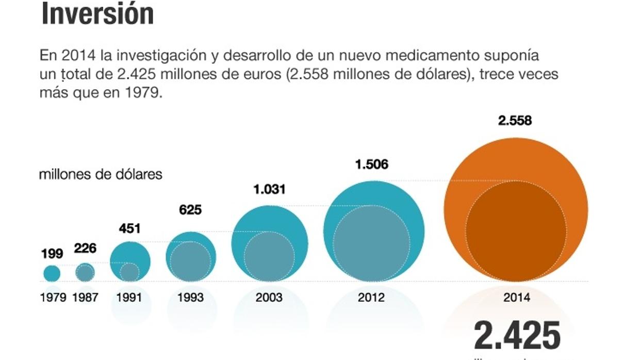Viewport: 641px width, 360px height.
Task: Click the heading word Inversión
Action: [x=97, y=14]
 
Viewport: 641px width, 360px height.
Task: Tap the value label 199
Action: [x=52, y=254]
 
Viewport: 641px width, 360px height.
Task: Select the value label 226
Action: [x=85, y=249]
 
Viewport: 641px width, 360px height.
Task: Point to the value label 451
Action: [x=130, y=228]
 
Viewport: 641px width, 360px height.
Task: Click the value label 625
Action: [x=190, y=210]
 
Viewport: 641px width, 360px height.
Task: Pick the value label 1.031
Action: [x=269, y=189]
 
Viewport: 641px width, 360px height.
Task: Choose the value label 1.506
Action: [x=371, y=165]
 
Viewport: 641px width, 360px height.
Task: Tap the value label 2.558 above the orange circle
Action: [x=515, y=121]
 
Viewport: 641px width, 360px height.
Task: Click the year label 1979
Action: [x=53, y=298]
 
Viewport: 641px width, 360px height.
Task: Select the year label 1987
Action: [x=85, y=298]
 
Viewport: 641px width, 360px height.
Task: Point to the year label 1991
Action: [x=129, y=298]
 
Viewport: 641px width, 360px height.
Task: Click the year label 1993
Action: [x=190, y=298]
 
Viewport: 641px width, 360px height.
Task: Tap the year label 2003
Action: [x=269, y=298]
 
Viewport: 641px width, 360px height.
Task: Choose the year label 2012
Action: [x=371, y=298]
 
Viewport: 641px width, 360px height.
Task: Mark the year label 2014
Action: [x=516, y=298]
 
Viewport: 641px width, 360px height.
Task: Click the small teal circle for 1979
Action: [x=52, y=273]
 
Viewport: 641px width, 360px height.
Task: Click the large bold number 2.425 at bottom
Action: [x=517, y=336]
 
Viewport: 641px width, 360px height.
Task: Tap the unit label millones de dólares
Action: [x=101, y=174]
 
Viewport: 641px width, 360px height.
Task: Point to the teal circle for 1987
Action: [x=85, y=272]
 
